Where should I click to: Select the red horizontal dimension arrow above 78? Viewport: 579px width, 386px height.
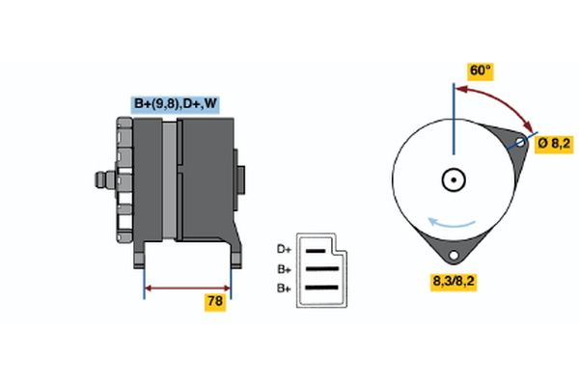tap(188, 287)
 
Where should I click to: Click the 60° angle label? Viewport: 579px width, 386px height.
tap(480, 71)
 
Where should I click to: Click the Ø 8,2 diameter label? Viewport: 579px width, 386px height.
tap(554, 144)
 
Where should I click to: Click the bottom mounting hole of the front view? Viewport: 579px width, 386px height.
tap(453, 253)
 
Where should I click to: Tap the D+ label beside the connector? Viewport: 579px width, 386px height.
tap(284, 249)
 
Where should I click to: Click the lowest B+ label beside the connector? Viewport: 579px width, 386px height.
tap(284, 288)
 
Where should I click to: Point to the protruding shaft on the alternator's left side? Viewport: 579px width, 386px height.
tap(101, 179)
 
